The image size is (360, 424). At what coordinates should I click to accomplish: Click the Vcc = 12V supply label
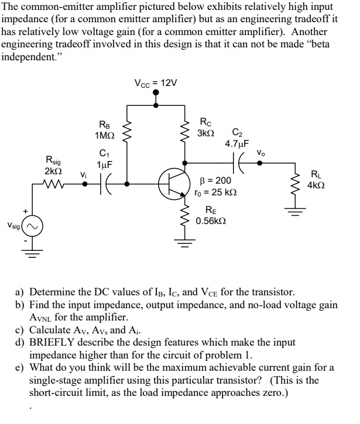(x=155, y=84)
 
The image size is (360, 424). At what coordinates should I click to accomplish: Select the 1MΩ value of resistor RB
(x=104, y=136)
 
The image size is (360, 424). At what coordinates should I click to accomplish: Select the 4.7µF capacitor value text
(x=236, y=143)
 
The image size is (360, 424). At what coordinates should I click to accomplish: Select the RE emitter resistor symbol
(x=186, y=218)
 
